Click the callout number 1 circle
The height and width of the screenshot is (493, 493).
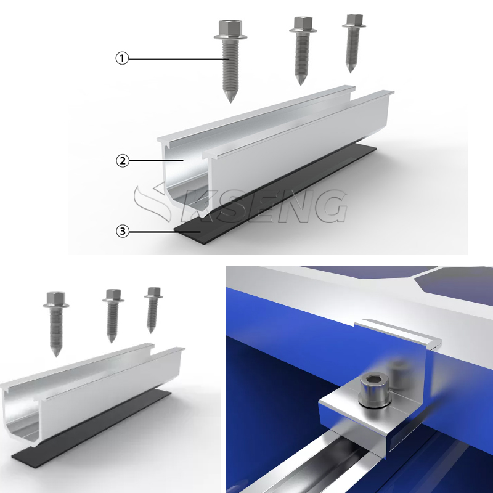pos(123,59)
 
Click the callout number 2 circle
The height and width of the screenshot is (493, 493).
pos(123,160)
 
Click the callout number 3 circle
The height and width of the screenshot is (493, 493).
pos(123,231)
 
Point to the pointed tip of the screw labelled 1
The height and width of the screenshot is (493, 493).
pos(229,100)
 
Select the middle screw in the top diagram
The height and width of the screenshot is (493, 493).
pos(303,49)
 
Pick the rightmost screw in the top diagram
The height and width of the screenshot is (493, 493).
pos(352,40)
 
